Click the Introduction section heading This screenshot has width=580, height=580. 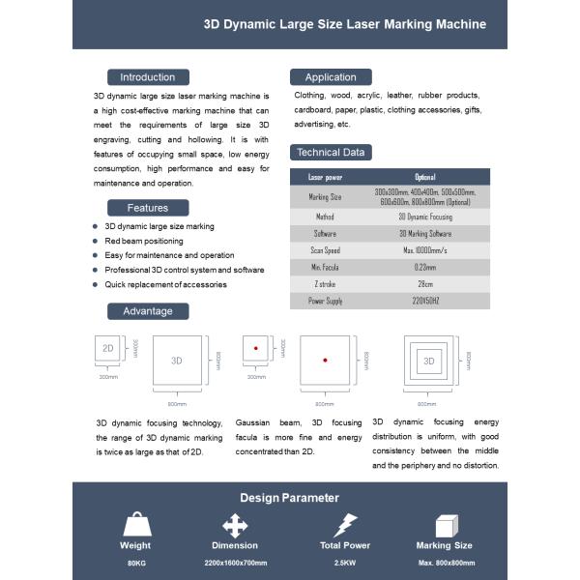coord(147,77)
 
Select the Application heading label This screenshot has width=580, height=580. coord(331,77)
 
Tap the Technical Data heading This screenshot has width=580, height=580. coord(331,152)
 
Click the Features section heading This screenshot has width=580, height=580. coord(147,208)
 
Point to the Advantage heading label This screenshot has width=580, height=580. coord(147,311)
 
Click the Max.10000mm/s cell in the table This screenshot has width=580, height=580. coord(425,249)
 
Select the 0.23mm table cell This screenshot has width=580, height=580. coord(425,267)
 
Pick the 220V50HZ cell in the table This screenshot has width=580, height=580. coord(425,301)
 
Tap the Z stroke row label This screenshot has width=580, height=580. coord(325,283)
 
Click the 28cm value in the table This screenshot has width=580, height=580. coord(425,283)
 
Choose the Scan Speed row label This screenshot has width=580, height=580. coord(325,249)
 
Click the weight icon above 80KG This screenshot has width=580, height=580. coord(136,525)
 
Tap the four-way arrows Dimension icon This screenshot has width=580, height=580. coord(235,525)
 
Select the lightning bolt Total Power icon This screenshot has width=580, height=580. coord(345,525)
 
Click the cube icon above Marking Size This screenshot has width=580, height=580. coord(446,525)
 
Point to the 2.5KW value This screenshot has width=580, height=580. coord(345,562)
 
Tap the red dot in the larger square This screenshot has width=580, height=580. coord(325,360)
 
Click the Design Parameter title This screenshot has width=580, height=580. coord(290,498)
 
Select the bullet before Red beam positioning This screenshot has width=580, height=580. coord(96,241)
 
